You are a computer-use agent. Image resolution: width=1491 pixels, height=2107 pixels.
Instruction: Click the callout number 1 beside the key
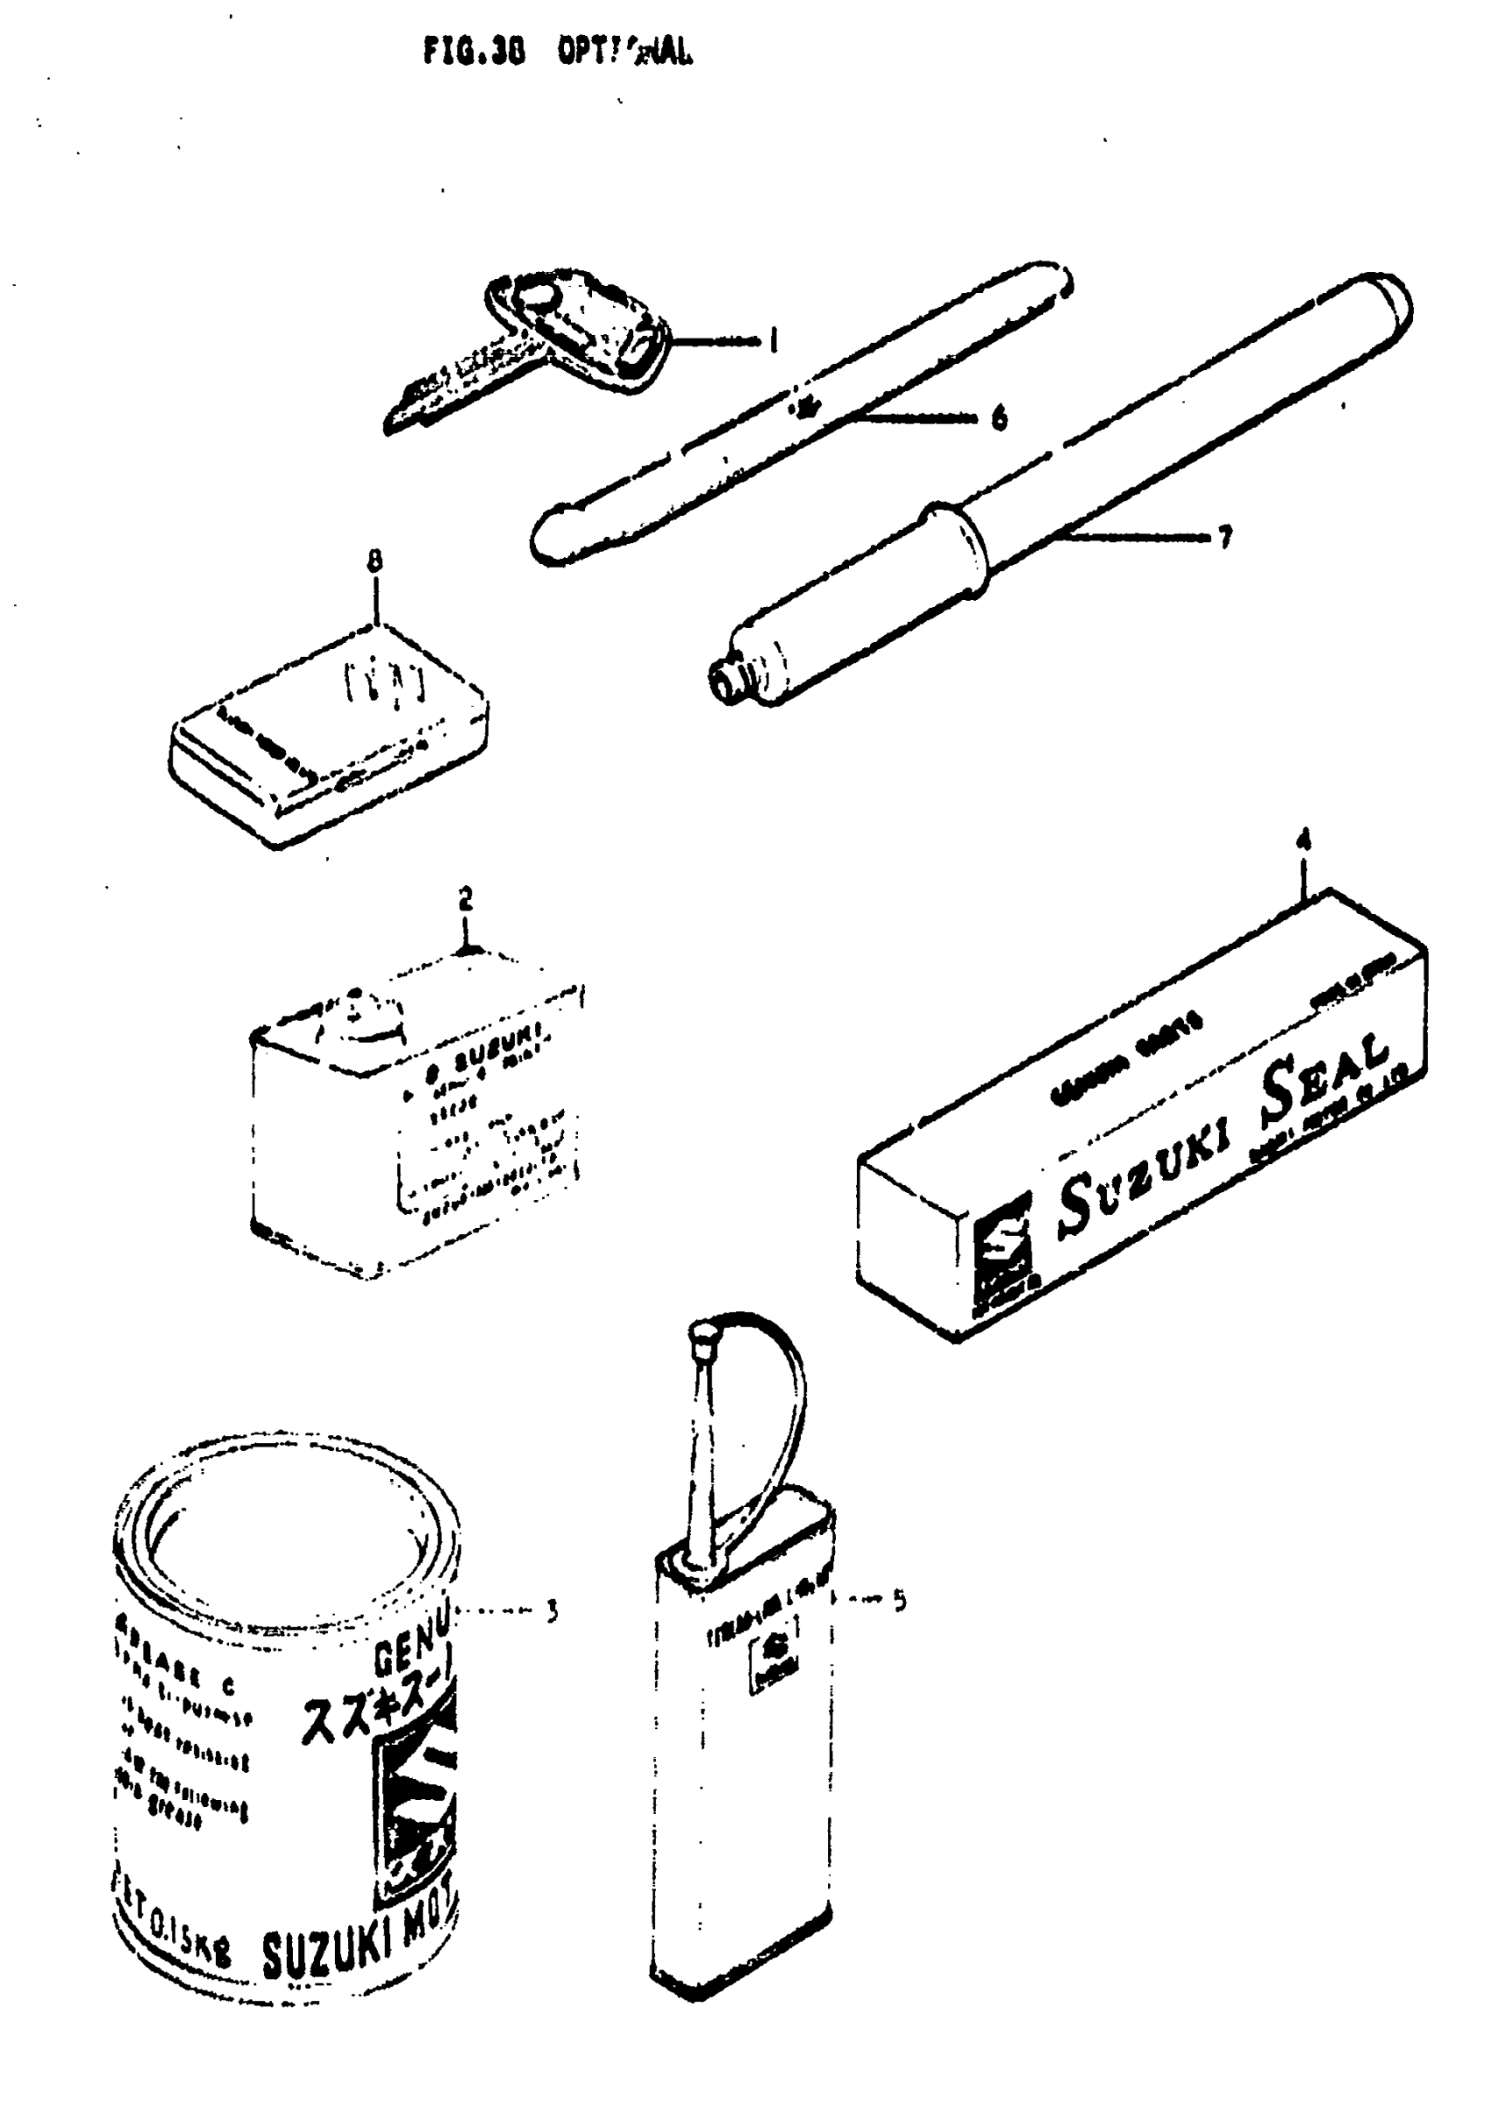pos(773,342)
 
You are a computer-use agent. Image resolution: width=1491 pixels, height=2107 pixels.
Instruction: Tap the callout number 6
pos(999,418)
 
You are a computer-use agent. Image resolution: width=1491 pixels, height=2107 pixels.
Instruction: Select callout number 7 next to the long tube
pos(1224,538)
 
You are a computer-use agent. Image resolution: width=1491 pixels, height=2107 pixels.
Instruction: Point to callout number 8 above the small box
pos(375,560)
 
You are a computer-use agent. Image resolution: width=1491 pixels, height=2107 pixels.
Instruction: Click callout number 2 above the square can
pos(466,898)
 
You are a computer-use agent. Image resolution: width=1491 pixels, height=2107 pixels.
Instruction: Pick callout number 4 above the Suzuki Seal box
pos(1305,840)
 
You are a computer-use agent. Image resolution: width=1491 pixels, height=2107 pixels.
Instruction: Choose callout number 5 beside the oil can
pos(900,1601)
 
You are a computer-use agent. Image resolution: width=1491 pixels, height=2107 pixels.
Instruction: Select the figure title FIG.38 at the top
pos(474,54)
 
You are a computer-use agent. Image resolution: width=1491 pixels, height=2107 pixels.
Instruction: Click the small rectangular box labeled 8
pos(329,734)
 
